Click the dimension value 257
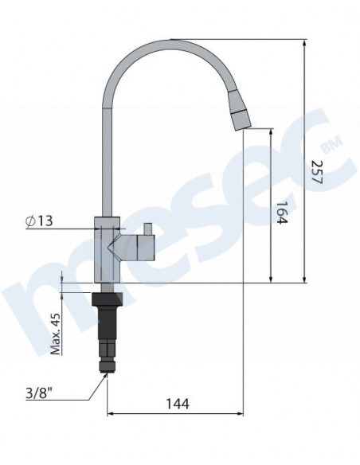coord(316,172)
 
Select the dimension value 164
coord(282,213)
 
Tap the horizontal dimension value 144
coord(177,404)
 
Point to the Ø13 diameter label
coord(39,221)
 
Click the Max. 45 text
coord(56,334)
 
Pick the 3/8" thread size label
coord(39,393)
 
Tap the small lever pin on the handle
coord(147,229)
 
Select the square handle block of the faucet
coord(146,248)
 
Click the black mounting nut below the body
coord(107,299)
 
